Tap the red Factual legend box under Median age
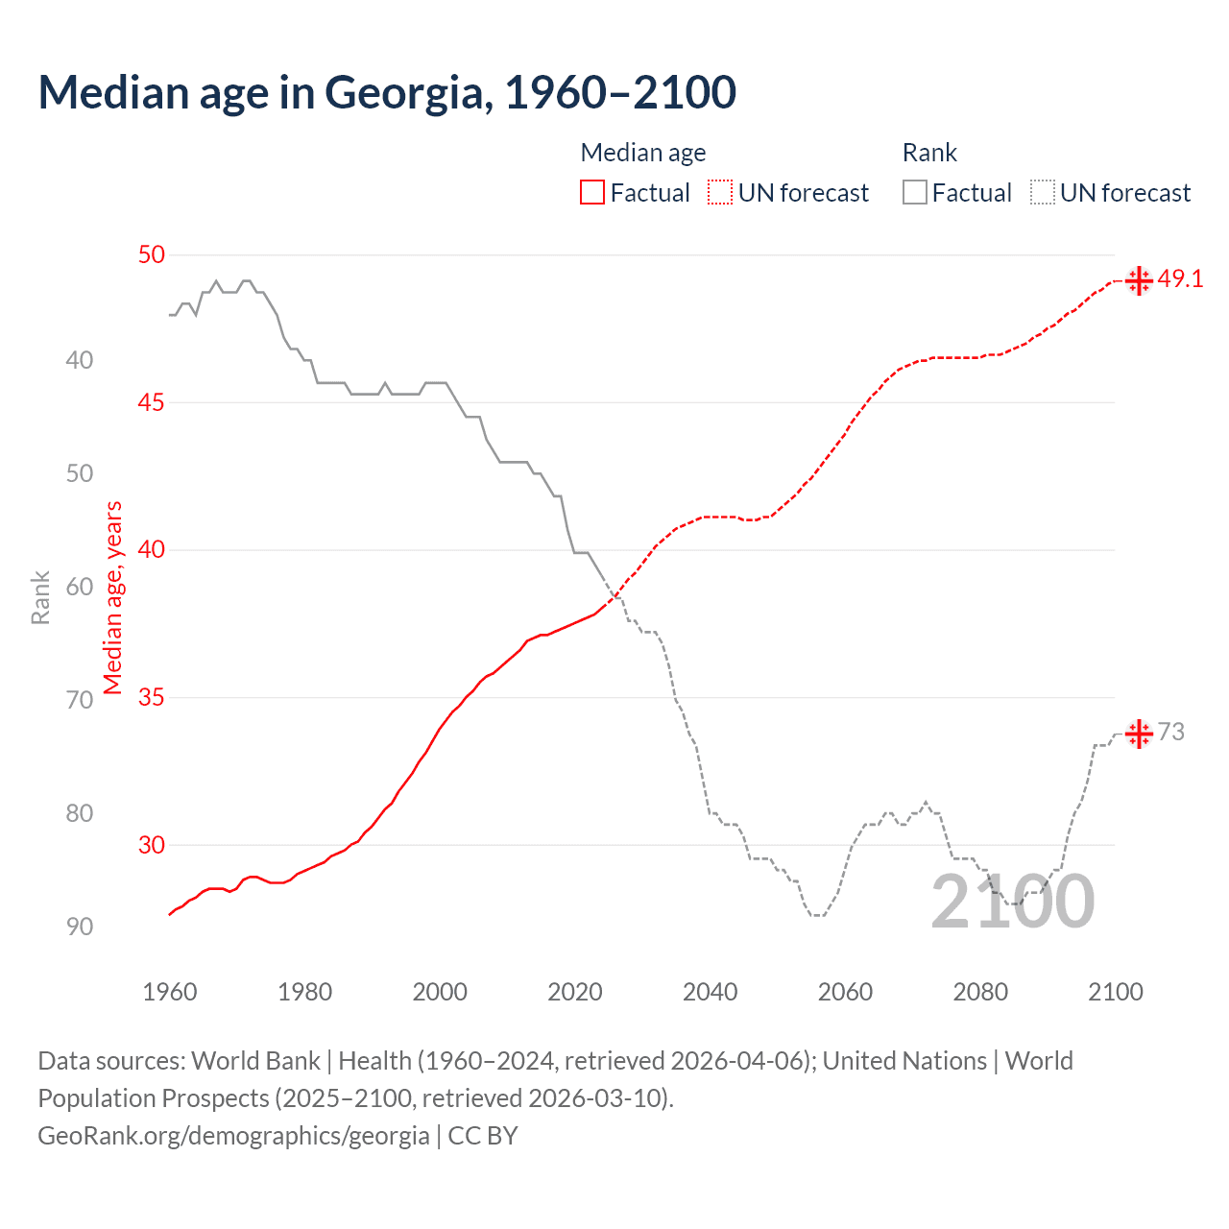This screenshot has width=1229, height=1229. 592,193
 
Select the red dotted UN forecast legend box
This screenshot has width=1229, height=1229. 720,193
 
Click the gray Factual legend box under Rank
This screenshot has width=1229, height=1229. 915,193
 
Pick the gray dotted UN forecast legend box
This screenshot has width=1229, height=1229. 1043,193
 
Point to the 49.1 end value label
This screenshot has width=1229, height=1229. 1180,279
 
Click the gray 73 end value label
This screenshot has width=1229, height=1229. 1171,733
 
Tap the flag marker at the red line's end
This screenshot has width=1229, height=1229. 1139,281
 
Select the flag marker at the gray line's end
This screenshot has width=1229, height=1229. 1139,735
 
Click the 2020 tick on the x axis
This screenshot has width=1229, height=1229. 575,992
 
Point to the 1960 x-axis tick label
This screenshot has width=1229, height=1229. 170,992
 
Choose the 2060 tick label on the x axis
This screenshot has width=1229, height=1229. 845,992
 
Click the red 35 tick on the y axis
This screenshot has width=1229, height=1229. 152,698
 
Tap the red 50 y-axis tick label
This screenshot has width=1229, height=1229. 152,255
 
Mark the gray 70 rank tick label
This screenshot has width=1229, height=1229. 80,700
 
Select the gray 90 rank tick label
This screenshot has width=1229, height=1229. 80,927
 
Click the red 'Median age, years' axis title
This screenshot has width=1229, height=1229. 113,597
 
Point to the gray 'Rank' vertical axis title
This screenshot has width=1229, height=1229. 40,597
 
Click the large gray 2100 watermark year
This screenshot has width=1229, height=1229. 1012,903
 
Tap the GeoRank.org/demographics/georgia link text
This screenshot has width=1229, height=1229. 233,1136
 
